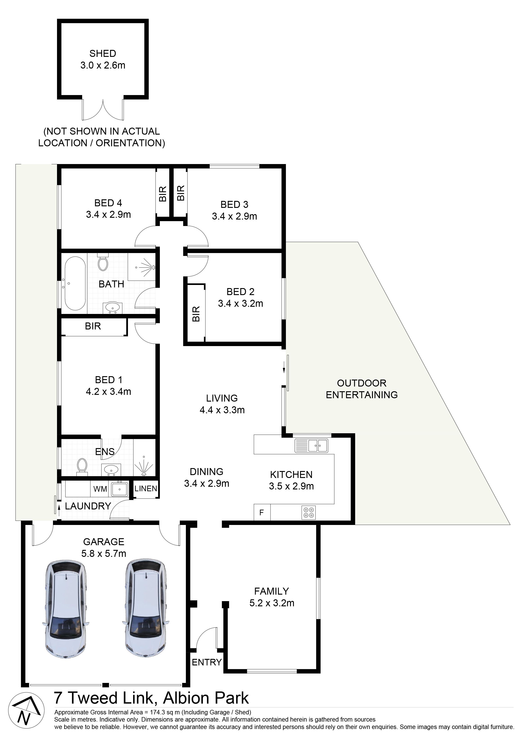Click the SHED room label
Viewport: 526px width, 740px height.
103,53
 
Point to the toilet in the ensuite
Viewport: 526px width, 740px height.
82,466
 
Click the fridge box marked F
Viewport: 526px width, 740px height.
262,512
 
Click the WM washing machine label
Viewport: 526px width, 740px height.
100,489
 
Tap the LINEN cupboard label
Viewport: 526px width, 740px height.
146,489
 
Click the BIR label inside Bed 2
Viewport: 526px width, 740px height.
196,313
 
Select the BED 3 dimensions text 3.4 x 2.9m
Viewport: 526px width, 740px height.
235,216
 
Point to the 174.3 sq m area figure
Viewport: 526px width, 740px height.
162,712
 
